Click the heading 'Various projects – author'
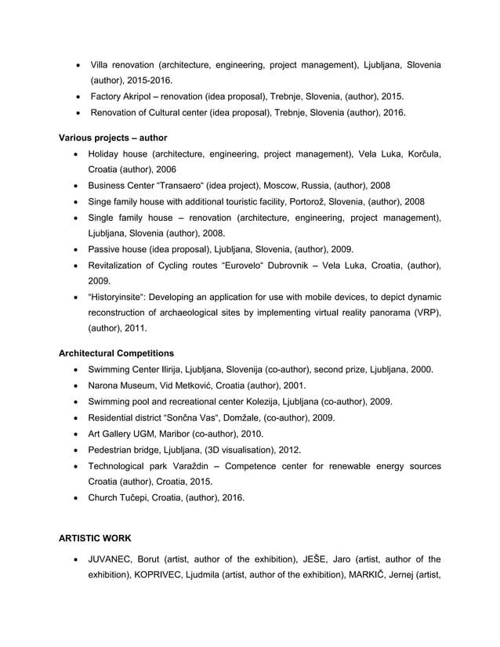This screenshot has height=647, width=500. pyautogui.click(x=113, y=137)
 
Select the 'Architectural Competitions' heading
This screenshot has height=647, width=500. pyautogui.click(x=117, y=352)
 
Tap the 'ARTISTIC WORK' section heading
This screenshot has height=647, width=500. pyautogui.click(x=96, y=539)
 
